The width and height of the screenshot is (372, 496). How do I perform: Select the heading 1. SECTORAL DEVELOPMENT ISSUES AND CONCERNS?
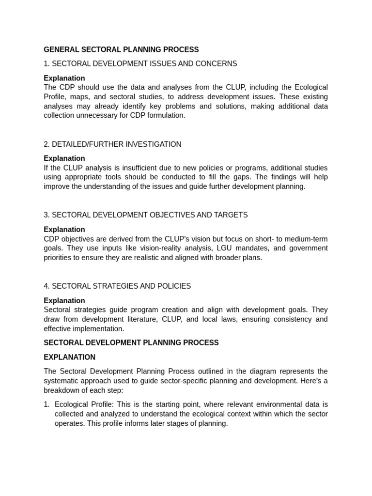(x=140, y=63)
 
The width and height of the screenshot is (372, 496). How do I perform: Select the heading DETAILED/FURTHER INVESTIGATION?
(x=116, y=144)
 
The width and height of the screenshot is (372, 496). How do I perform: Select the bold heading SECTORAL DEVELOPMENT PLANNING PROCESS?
(x=131, y=342)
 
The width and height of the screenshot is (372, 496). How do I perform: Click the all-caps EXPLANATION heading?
(x=70, y=357)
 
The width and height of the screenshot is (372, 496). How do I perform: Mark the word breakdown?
(x=61, y=390)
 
